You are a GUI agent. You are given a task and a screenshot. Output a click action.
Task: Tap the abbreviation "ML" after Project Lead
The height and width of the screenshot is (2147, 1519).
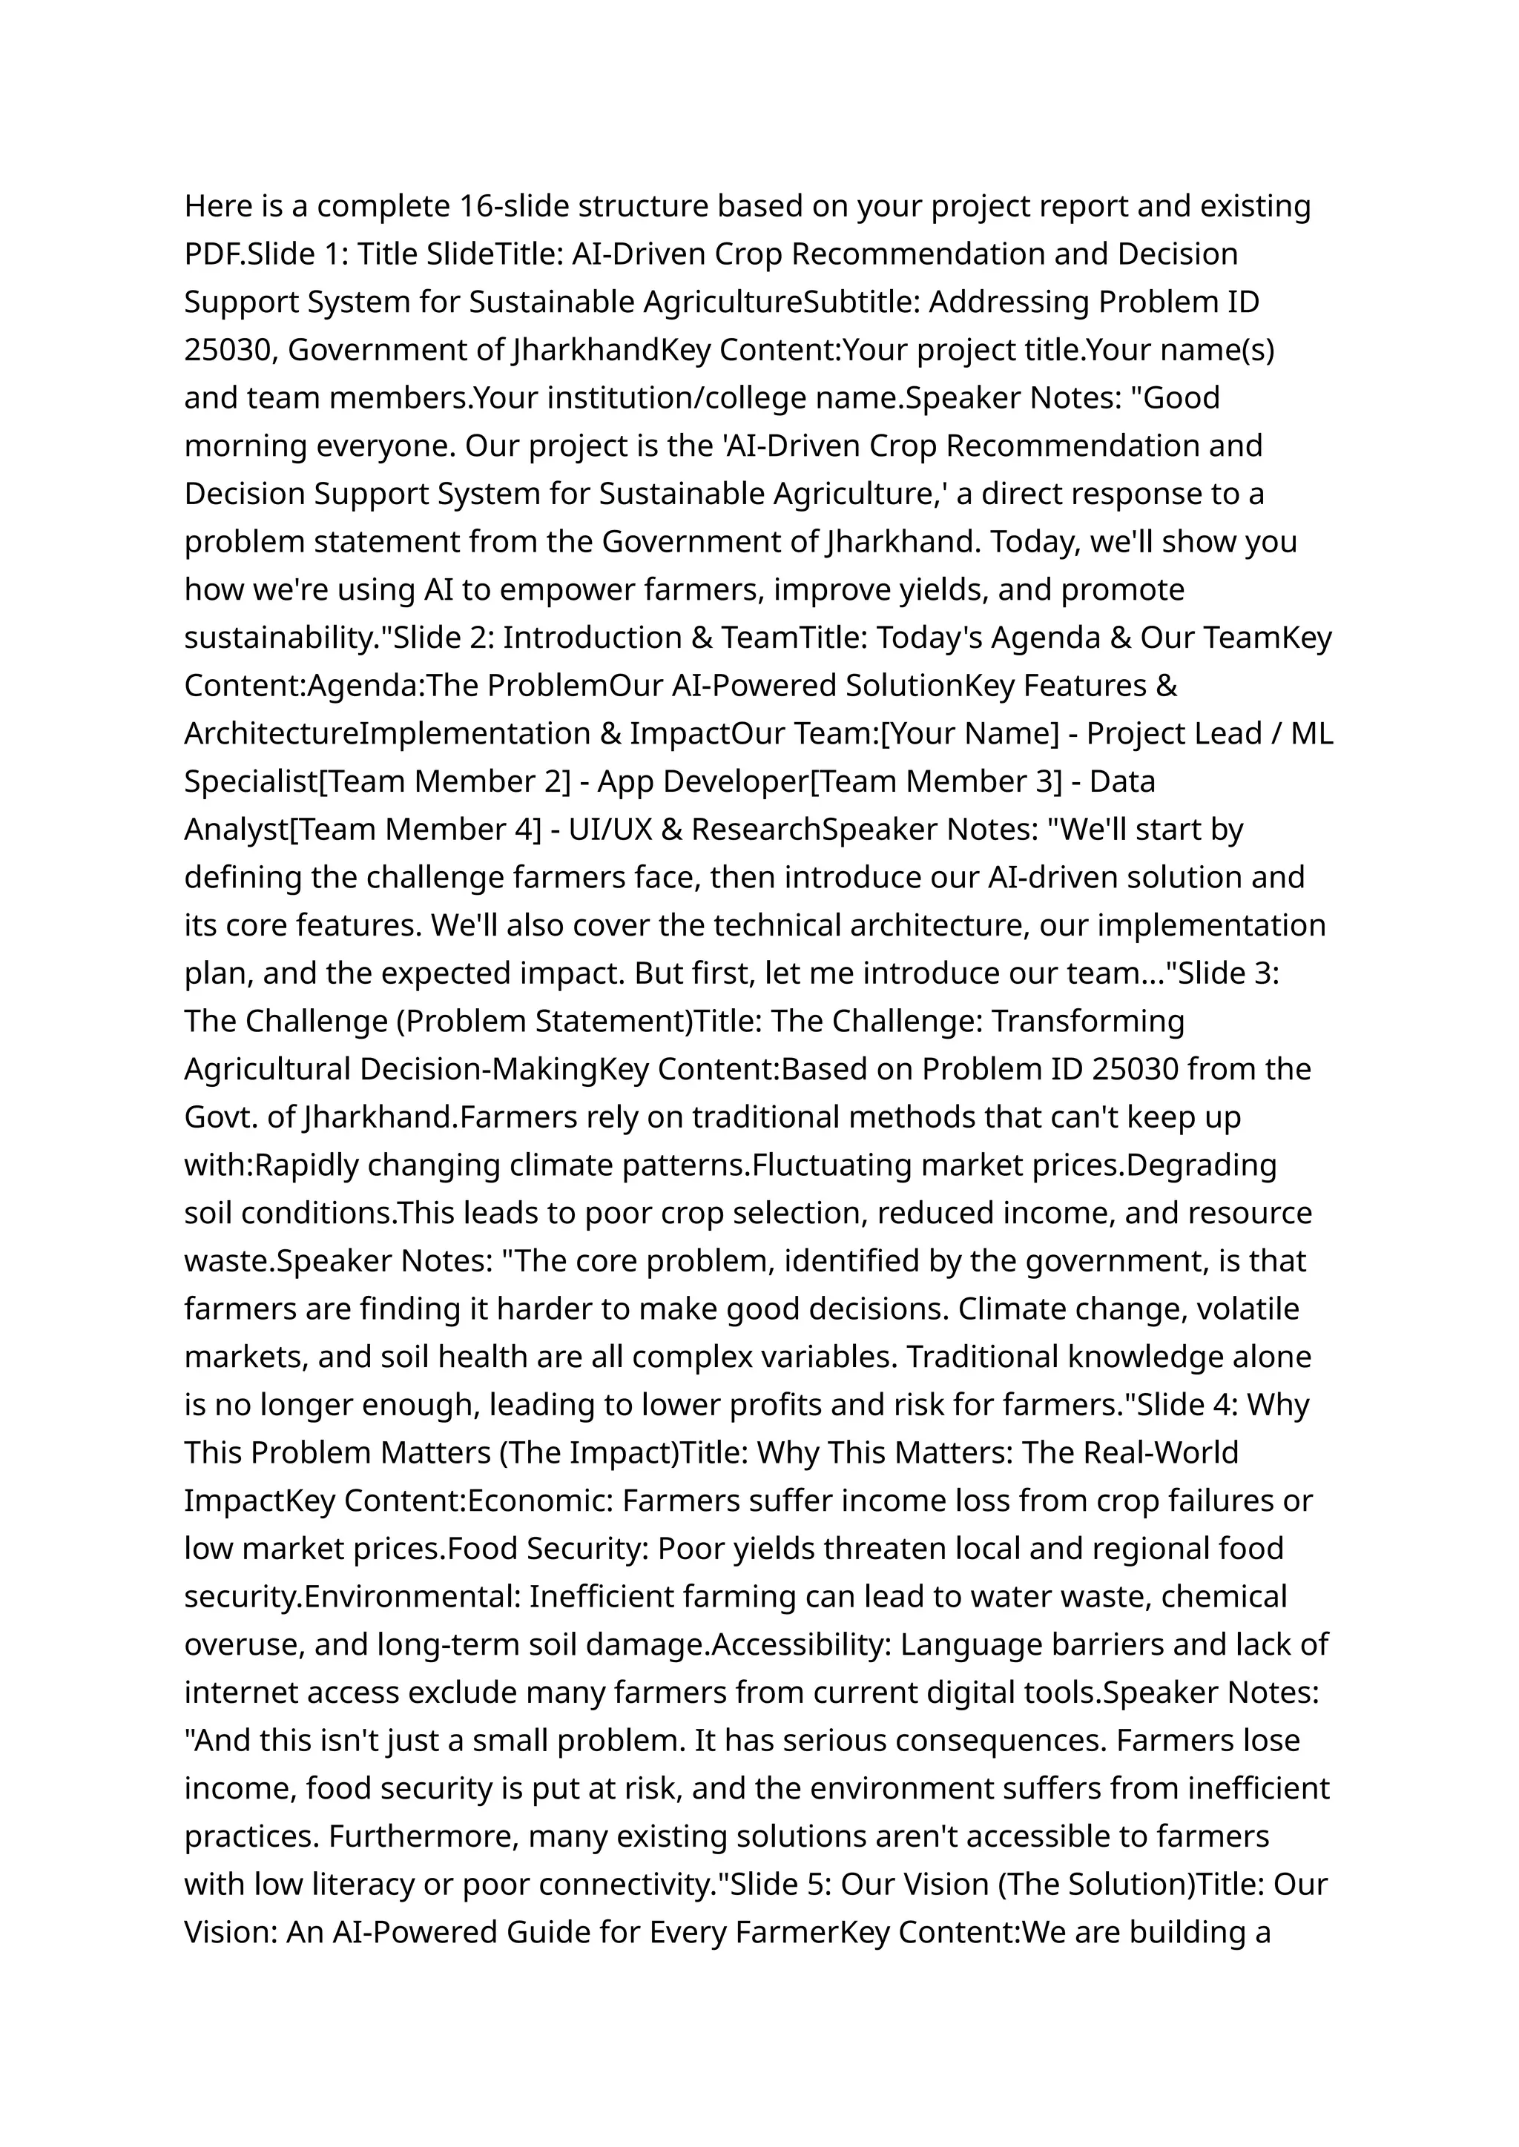1311,734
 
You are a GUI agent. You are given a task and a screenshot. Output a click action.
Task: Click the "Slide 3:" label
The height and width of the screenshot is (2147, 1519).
1228,973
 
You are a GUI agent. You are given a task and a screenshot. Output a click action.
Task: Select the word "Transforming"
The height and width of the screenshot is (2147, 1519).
1088,1021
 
